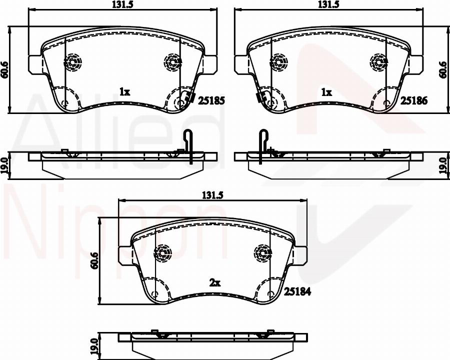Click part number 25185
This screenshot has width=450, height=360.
pyautogui.click(x=211, y=100)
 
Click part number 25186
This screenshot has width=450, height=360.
pyautogui.click(x=413, y=100)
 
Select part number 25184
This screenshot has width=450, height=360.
pyautogui.click(x=298, y=291)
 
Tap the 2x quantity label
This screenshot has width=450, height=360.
pyautogui.click(x=214, y=283)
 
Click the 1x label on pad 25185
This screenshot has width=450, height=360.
pyautogui.click(x=124, y=91)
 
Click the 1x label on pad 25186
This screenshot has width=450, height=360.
pyautogui.click(x=326, y=92)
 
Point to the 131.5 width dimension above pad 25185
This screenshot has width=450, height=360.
pyautogui.click(x=124, y=4)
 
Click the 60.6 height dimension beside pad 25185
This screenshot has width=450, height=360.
pyautogui.click(x=5, y=69)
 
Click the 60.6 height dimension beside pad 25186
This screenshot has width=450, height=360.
pyautogui.click(x=442, y=69)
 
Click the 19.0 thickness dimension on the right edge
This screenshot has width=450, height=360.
pyautogui.click(x=442, y=163)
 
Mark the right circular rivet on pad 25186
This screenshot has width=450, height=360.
pyautogui.click(x=378, y=62)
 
